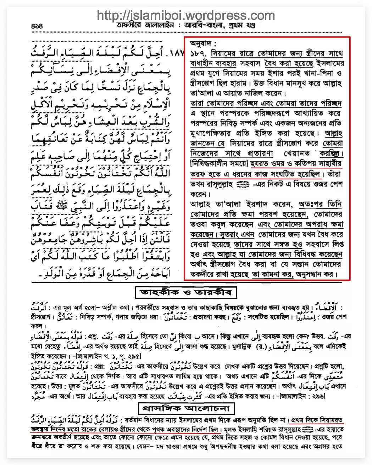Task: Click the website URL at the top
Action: click(x=185, y=15)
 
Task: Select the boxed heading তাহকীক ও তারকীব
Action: click(x=186, y=292)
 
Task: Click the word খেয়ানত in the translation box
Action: click(x=297, y=154)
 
